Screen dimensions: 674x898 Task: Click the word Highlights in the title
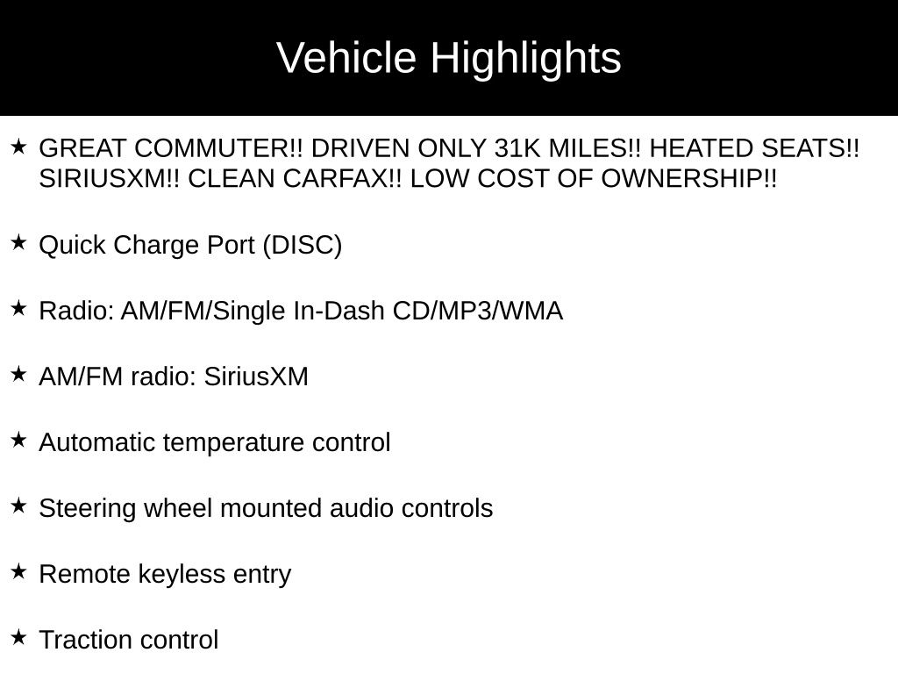click(525, 59)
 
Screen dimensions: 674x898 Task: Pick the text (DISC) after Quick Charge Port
click(302, 245)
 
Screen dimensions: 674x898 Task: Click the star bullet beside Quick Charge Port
click(18, 242)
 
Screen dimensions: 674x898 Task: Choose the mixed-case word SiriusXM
click(256, 376)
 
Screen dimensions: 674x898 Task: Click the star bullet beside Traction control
click(18, 637)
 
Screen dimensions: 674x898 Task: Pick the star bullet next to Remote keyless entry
click(18, 571)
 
